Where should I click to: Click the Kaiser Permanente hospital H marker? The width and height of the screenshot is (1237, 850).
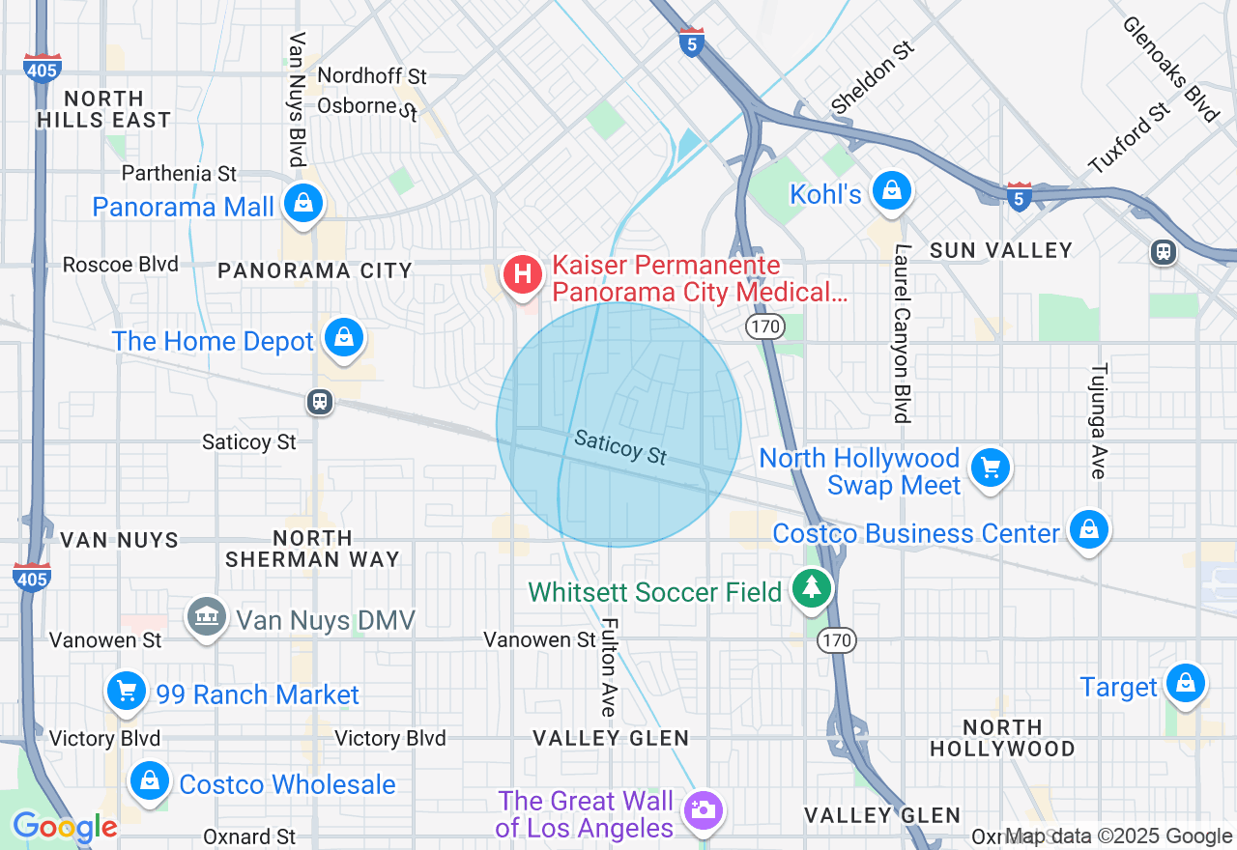tap(523, 274)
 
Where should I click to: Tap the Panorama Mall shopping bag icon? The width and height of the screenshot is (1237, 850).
tap(304, 203)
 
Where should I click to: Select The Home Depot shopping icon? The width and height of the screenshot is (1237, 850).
tap(343, 337)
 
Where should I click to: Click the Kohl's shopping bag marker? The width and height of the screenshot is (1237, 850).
tap(892, 191)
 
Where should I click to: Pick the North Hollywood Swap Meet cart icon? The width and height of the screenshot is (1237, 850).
tap(990, 468)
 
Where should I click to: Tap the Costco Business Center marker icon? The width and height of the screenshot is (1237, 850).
tap(1089, 529)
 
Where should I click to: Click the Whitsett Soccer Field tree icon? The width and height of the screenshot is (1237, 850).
tap(812, 586)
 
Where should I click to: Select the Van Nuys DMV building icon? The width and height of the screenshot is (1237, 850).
tap(206, 616)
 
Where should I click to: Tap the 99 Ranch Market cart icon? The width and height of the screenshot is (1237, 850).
tap(127, 691)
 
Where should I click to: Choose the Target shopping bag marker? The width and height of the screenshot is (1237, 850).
tap(1185, 683)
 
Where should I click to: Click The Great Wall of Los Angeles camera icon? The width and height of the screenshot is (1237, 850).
tap(702, 809)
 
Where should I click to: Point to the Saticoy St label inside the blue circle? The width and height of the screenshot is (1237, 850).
tap(620, 448)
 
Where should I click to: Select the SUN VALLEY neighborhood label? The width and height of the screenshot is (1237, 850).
tap(1001, 251)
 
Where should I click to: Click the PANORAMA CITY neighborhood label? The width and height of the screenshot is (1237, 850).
tap(315, 271)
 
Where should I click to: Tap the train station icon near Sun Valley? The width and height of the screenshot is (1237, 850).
tap(1164, 252)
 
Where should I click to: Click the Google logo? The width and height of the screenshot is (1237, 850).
tap(65, 827)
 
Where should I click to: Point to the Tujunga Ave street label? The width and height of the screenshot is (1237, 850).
tap(1099, 420)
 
